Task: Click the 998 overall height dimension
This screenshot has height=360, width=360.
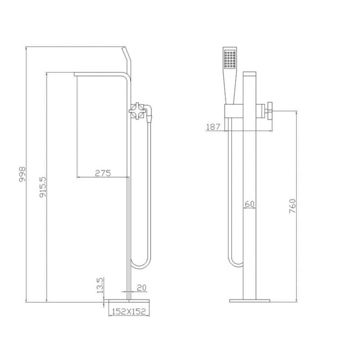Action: (22, 174)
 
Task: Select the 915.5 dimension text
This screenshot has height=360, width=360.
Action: (43, 187)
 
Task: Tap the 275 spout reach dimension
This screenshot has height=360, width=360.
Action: (103, 173)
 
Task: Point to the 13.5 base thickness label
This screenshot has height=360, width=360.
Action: (100, 285)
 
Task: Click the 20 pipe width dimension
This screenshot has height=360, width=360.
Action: (142, 288)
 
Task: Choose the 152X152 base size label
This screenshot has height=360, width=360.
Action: (129, 311)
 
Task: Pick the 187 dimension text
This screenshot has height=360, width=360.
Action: (213, 127)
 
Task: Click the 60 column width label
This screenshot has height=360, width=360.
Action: (250, 204)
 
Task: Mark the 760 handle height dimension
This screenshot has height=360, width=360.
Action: (292, 206)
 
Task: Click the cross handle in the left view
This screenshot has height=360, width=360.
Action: (137, 111)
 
